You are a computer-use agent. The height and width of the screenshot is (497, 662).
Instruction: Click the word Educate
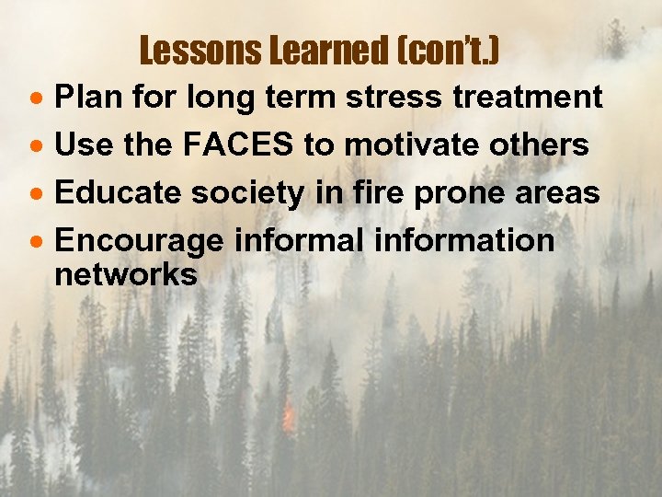(114, 193)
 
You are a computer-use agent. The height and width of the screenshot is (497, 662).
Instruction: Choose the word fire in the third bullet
(360, 192)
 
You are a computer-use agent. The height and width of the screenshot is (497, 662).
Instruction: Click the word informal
(292, 241)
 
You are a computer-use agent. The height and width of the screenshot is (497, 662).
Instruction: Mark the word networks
(126, 274)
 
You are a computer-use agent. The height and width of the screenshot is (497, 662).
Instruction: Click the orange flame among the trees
(289, 420)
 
